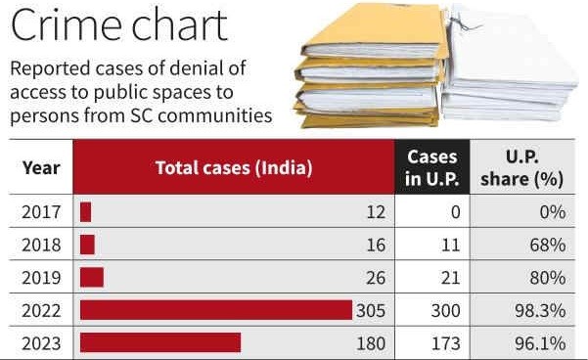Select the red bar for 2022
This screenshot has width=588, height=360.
click(215, 310)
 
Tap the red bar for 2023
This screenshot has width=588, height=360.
click(160, 342)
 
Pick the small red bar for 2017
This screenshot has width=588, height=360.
click(86, 211)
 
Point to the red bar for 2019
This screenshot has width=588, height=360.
click(92, 277)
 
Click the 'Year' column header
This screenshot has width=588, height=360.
click(40, 167)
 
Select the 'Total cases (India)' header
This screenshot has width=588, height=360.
click(234, 167)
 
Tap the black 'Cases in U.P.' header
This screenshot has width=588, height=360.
click(432, 167)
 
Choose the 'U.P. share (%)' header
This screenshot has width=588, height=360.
click(526, 167)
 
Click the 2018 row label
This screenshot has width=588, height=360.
click(40, 245)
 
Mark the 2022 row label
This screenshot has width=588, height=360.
click(40, 310)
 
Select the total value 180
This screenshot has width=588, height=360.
click(372, 342)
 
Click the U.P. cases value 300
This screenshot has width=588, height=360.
click(445, 310)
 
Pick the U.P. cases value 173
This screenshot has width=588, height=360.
click(445, 342)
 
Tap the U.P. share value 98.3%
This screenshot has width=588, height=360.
click(544, 310)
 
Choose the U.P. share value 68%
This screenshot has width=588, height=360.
click(550, 245)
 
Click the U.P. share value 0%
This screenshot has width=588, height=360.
click(555, 211)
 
